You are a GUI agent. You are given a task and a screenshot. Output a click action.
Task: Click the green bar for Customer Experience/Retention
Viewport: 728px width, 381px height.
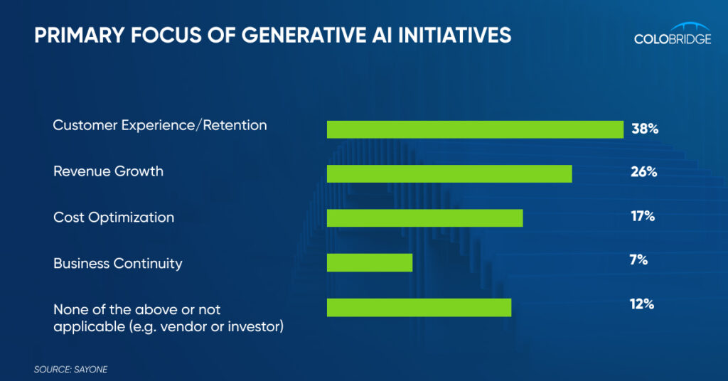coord(475,129)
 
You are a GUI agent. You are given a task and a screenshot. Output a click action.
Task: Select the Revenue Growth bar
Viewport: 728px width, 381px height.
coord(449,173)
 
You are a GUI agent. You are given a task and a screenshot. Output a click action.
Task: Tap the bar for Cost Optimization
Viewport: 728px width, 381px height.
coord(425,218)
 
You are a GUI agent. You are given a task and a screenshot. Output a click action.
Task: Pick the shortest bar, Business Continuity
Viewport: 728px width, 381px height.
coord(370,263)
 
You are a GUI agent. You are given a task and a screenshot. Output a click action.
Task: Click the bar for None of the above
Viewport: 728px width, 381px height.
coord(419,307)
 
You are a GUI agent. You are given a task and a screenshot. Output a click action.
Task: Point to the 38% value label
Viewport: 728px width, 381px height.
coord(645,129)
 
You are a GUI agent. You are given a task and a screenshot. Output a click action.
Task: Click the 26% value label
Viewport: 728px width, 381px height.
coord(643,172)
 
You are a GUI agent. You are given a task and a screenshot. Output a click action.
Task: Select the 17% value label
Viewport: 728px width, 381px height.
coord(643,216)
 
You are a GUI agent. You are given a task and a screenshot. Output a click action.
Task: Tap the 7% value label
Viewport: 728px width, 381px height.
coord(638,259)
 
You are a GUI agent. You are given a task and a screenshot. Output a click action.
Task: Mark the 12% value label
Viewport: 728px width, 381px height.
coord(642,304)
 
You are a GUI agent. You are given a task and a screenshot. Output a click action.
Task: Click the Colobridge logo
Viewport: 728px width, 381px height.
coord(673,33)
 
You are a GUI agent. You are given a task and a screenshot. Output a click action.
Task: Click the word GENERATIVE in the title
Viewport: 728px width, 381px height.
coord(304,36)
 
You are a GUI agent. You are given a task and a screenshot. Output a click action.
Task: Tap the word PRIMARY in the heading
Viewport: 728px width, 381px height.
coord(80,36)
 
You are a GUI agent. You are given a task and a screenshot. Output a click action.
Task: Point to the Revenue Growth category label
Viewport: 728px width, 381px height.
coord(108,171)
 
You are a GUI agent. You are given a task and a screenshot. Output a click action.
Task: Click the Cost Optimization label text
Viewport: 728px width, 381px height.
coord(114,218)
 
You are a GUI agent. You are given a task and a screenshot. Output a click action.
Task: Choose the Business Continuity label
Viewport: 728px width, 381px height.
coord(118,263)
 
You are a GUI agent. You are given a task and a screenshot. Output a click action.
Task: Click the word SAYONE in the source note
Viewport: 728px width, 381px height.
coord(90,370)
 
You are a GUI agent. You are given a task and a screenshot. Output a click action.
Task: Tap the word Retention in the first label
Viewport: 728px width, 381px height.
coord(235,125)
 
